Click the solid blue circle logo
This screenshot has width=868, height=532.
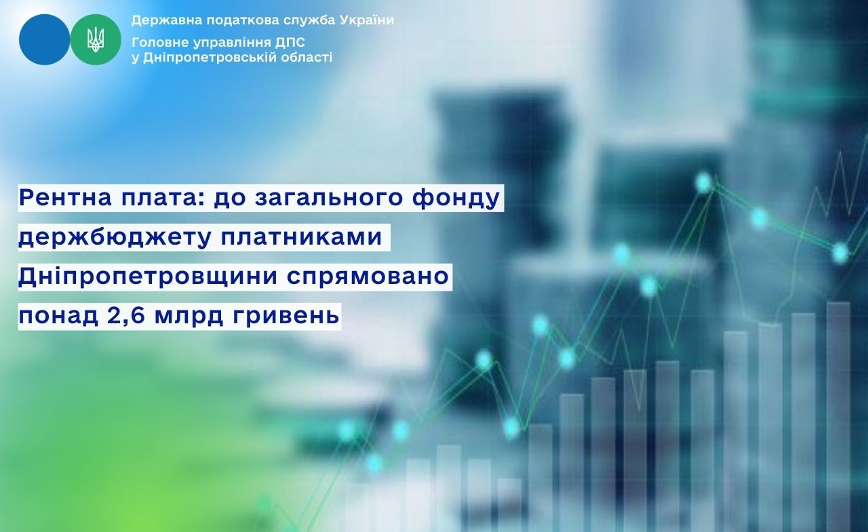[x=44, y=39]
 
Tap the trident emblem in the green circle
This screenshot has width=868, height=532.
[x=96, y=39]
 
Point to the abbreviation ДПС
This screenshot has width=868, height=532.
[x=290, y=42]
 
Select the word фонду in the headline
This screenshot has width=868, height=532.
[x=456, y=199]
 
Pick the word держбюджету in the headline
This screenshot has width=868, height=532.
[x=115, y=237]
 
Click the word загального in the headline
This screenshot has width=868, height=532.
[x=328, y=199]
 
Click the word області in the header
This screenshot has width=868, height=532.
[x=308, y=58]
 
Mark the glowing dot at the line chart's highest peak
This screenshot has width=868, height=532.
[x=703, y=182]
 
